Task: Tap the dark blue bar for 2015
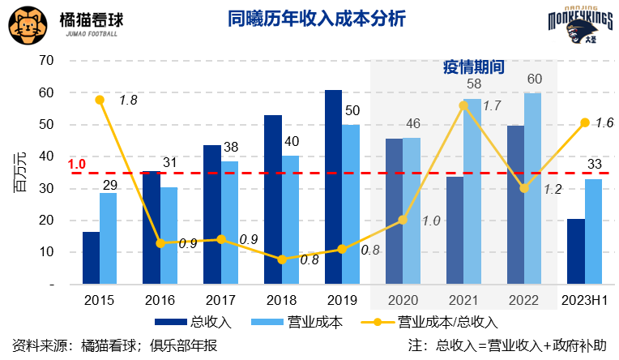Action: pos(91,258)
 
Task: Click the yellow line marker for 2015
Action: pos(100,100)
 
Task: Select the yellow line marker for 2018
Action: pos(282,259)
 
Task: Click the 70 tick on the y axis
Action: pos(45,61)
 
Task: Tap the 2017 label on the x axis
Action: pos(221,300)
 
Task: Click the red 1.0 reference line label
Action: pos(77,165)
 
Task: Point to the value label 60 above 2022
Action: pos(535,79)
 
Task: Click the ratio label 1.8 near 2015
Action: pos(128,101)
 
